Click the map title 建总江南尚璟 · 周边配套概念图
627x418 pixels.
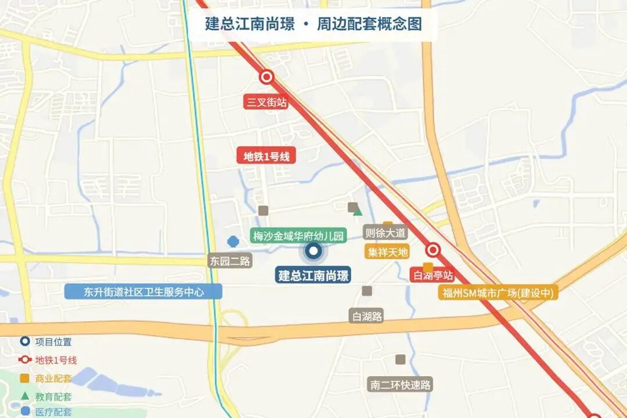click(313, 24)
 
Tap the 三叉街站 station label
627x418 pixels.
click(266, 103)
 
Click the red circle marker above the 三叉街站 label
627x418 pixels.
click(266, 77)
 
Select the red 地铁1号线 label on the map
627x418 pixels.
click(266, 156)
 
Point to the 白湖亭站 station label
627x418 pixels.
click(431, 275)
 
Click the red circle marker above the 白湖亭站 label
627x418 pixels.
click(433, 250)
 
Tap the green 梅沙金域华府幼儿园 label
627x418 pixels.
click(298, 236)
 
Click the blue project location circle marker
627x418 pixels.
click(313, 251)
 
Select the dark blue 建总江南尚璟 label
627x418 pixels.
click(313, 275)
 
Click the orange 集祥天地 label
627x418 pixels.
click(387, 252)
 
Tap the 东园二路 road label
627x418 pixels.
click(230, 261)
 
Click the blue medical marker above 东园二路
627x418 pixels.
click(233, 242)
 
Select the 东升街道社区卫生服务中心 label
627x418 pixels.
click(143, 291)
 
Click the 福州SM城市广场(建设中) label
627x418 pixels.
click(498, 293)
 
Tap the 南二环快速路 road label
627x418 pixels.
click(401, 384)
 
